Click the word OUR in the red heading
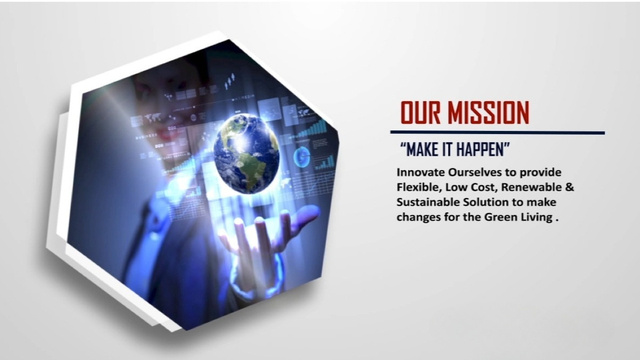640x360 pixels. pyautogui.click(x=420, y=112)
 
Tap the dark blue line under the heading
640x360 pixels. pyautogui.click(x=497, y=133)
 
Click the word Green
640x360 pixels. pyautogui.click(x=501, y=217)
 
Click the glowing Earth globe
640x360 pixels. pyautogui.click(x=246, y=153)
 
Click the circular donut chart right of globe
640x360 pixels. pyautogui.click(x=302, y=157)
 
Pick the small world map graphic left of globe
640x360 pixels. pyautogui.click(x=153, y=117)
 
